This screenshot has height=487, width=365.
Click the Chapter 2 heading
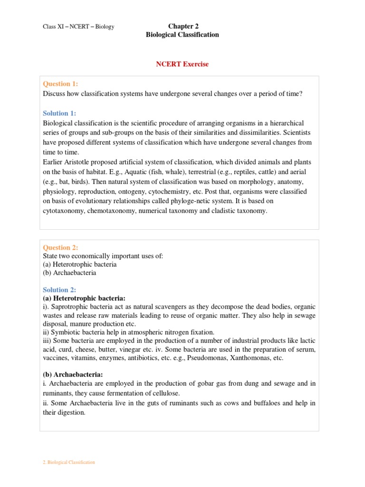pos(182,26)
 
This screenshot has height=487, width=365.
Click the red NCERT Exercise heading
pos(182,64)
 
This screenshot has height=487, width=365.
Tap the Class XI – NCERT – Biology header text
pos(78,27)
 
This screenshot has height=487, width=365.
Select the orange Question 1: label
pos(60,84)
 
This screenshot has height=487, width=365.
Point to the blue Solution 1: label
pos(59,113)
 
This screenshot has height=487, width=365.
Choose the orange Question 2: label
pos(60,247)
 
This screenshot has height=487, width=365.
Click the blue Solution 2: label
pos(59,290)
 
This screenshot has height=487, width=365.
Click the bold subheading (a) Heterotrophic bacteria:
pos(84,298)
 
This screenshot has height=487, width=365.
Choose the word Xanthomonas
pos(249,358)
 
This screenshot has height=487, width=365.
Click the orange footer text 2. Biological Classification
pos(69,462)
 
